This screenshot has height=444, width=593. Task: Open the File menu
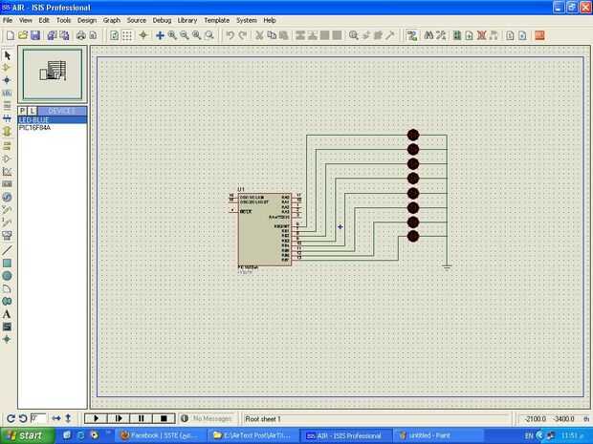(x=9, y=19)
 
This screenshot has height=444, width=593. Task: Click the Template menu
(x=217, y=19)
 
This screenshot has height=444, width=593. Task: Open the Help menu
(x=270, y=19)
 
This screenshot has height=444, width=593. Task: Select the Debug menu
(x=162, y=19)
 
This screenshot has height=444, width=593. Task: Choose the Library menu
(x=187, y=19)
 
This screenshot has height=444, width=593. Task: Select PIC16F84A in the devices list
(x=34, y=127)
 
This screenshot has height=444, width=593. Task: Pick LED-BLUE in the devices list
(x=33, y=119)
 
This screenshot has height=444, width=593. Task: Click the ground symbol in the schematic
(x=447, y=267)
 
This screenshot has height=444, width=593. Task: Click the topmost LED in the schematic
(x=413, y=135)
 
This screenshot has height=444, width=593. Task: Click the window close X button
(x=583, y=6)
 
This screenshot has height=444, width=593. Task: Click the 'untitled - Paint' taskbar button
(x=431, y=435)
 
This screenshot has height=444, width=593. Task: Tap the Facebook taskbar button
(x=158, y=435)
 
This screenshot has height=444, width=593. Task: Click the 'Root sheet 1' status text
(x=263, y=418)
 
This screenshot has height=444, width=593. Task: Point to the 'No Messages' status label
(x=212, y=418)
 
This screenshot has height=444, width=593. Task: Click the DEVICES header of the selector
(x=61, y=111)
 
